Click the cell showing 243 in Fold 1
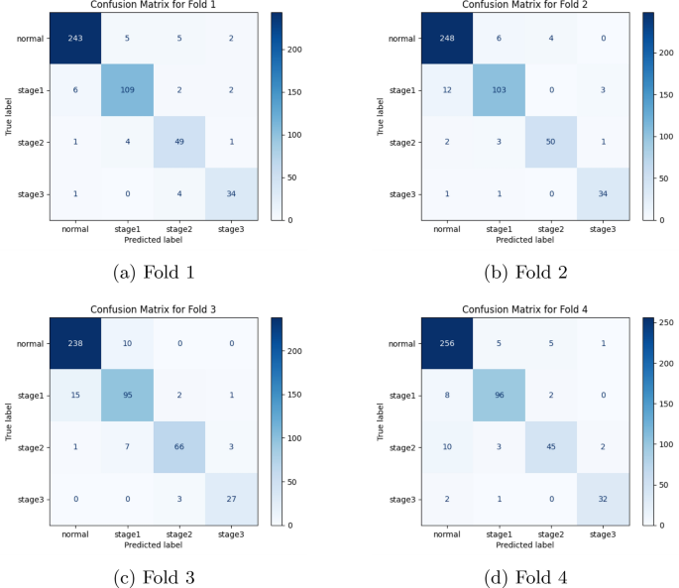click(76, 40)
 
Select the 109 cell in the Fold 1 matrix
click(128, 91)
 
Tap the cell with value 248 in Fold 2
click(447, 40)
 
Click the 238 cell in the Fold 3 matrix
click(76, 345)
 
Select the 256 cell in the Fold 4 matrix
click(447, 345)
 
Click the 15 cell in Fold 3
click(76, 397)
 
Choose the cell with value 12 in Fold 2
click(447, 91)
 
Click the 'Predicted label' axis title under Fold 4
click(524, 542)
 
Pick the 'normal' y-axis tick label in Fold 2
click(402, 40)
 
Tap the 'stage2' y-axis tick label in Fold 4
click(402, 448)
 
